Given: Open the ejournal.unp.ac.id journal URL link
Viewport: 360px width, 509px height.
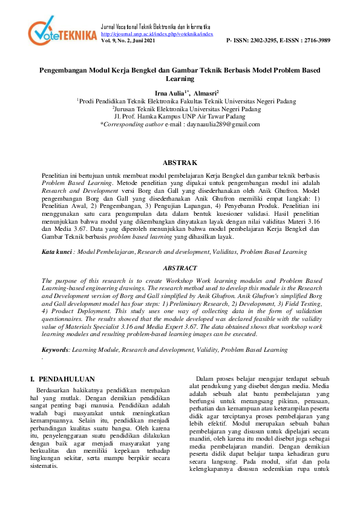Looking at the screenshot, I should (x=156, y=34).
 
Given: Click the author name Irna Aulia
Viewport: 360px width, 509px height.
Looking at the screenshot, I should (x=170, y=94).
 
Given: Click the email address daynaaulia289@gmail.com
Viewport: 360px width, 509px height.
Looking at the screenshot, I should (x=221, y=124).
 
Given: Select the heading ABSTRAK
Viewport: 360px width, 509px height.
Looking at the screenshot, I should (x=180, y=163).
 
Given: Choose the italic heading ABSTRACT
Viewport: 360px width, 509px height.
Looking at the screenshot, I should (x=180, y=267).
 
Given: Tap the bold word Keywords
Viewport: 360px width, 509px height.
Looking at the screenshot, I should (x=55, y=349).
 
